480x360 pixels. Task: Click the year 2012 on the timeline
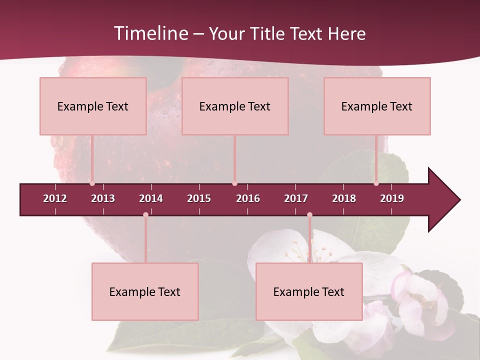pyautogui.click(x=55, y=198)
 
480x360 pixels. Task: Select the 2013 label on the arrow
pyautogui.click(x=103, y=198)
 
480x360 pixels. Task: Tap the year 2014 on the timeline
pyautogui.click(x=151, y=198)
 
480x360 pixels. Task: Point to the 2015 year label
pyautogui.click(x=199, y=198)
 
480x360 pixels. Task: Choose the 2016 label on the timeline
pyautogui.click(x=248, y=198)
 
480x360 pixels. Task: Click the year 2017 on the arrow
pyautogui.click(x=296, y=198)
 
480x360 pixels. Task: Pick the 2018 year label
pyautogui.click(x=344, y=198)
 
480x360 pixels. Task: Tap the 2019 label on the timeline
pyautogui.click(x=392, y=198)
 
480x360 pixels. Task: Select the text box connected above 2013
pyautogui.click(x=93, y=106)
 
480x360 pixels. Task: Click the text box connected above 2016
pyautogui.click(x=235, y=106)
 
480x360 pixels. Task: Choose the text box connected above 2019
pyautogui.click(x=377, y=106)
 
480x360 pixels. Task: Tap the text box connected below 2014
pyautogui.click(x=145, y=291)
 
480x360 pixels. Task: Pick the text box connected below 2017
pyautogui.click(x=309, y=291)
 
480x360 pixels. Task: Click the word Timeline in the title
pyautogui.click(x=150, y=33)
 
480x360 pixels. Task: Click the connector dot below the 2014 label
pyautogui.click(x=145, y=214)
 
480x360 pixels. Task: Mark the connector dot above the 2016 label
pyautogui.click(x=234, y=183)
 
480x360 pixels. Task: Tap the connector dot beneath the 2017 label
pyautogui.click(x=309, y=214)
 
